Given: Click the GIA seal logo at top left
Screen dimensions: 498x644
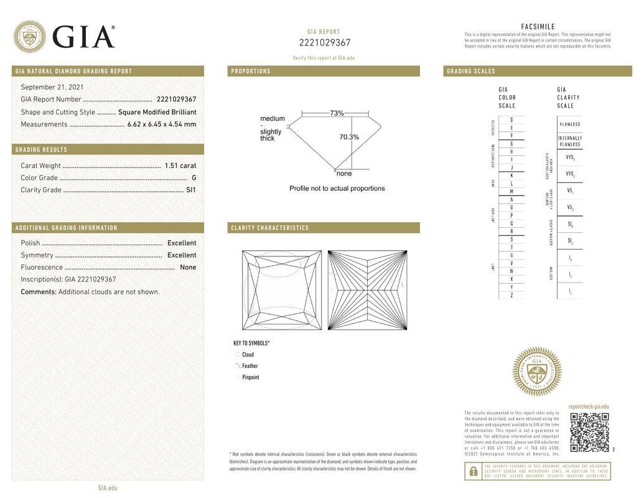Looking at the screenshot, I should pos(29,37).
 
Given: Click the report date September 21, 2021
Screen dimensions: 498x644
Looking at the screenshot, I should pos(52,87).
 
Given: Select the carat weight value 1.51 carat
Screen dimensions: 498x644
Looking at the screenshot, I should pos(180,166).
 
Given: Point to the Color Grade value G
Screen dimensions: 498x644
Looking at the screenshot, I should pos(194,178).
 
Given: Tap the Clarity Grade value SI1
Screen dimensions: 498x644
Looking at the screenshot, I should pos(191,190).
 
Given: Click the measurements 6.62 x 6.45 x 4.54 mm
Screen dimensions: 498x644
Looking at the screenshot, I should pos(162,125).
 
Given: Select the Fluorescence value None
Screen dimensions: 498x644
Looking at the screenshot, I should pos(188,267).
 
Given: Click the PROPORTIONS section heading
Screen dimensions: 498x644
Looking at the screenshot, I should pos(251,72).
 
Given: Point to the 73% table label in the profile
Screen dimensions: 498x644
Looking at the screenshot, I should pos(337,113).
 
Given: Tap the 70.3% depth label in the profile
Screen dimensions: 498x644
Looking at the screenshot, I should pos(349,137).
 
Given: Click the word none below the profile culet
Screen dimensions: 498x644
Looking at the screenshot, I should pos(344,174).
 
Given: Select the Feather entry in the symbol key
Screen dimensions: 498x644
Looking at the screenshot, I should pos(250,366).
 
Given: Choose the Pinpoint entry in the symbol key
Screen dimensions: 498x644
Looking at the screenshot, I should pos(250,377).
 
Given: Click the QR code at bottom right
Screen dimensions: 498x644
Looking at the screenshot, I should pos(589,432).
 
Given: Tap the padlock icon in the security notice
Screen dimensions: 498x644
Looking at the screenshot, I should pos(474,472).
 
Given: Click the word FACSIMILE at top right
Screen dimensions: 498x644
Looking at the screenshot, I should pos(538,27).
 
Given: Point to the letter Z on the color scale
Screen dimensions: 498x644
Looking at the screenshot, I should pos(511,295).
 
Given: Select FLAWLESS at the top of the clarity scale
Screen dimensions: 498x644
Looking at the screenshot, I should pos(569,125).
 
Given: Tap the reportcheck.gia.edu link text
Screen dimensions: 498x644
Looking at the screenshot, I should pos(589,406).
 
